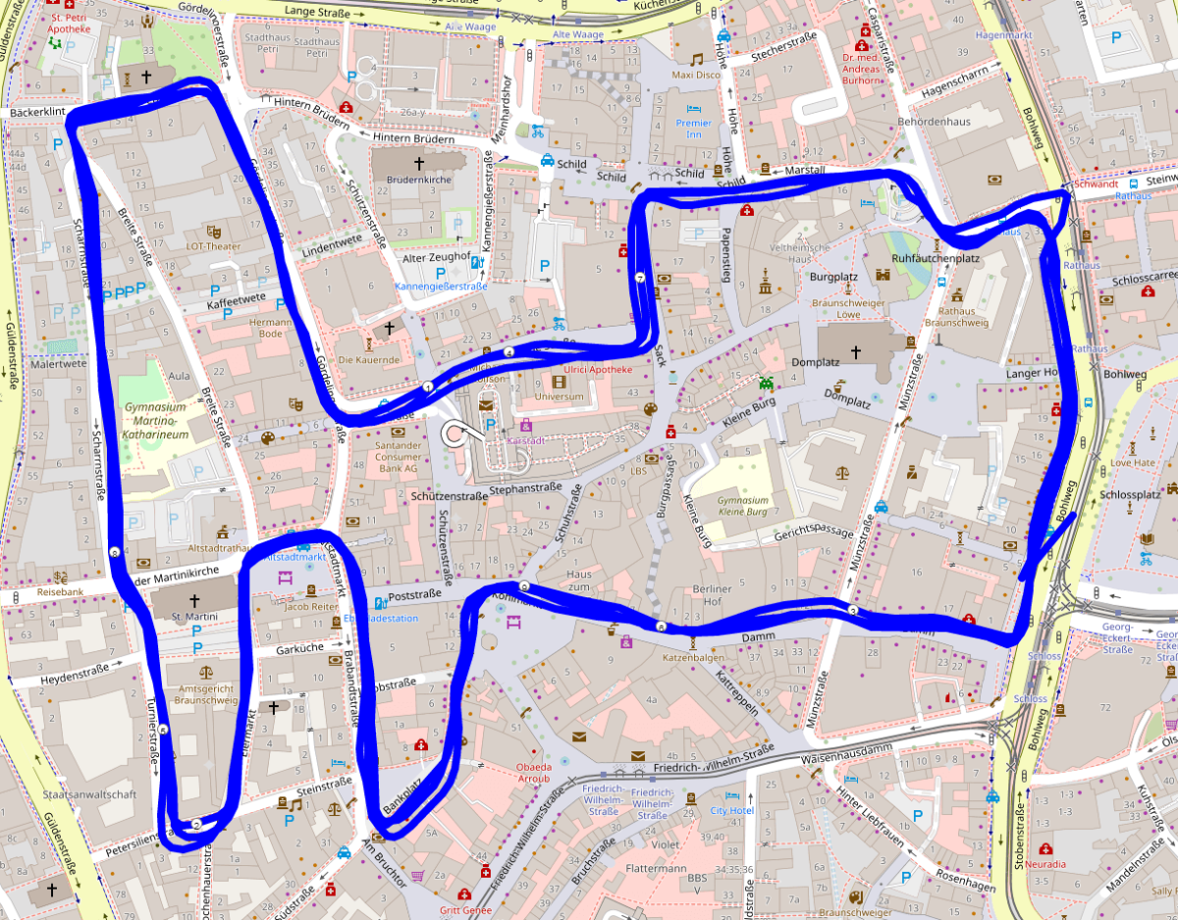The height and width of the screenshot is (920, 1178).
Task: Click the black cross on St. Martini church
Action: pyautogui.click(x=193, y=599)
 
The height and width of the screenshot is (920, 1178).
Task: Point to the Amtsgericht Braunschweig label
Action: pyautogui.click(x=206, y=694)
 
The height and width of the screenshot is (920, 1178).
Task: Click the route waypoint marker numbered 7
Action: pyautogui.click(x=639, y=279)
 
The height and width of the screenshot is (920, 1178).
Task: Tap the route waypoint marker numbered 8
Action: pyautogui.click(x=115, y=552)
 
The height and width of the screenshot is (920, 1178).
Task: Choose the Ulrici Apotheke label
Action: pyautogui.click(x=598, y=370)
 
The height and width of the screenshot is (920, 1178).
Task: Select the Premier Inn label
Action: pyautogui.click(x=693, y=129)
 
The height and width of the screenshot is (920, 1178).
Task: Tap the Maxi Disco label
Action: pyautogui.click(x=696, y=75)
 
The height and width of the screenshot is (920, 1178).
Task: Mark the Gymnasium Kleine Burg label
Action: pyautogui.click(x=742, y=506)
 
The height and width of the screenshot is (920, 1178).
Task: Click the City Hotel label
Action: pyautogui.click(x=731, y=810)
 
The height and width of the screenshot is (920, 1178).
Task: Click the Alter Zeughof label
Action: pyautogui.click(x=437, y=257)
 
